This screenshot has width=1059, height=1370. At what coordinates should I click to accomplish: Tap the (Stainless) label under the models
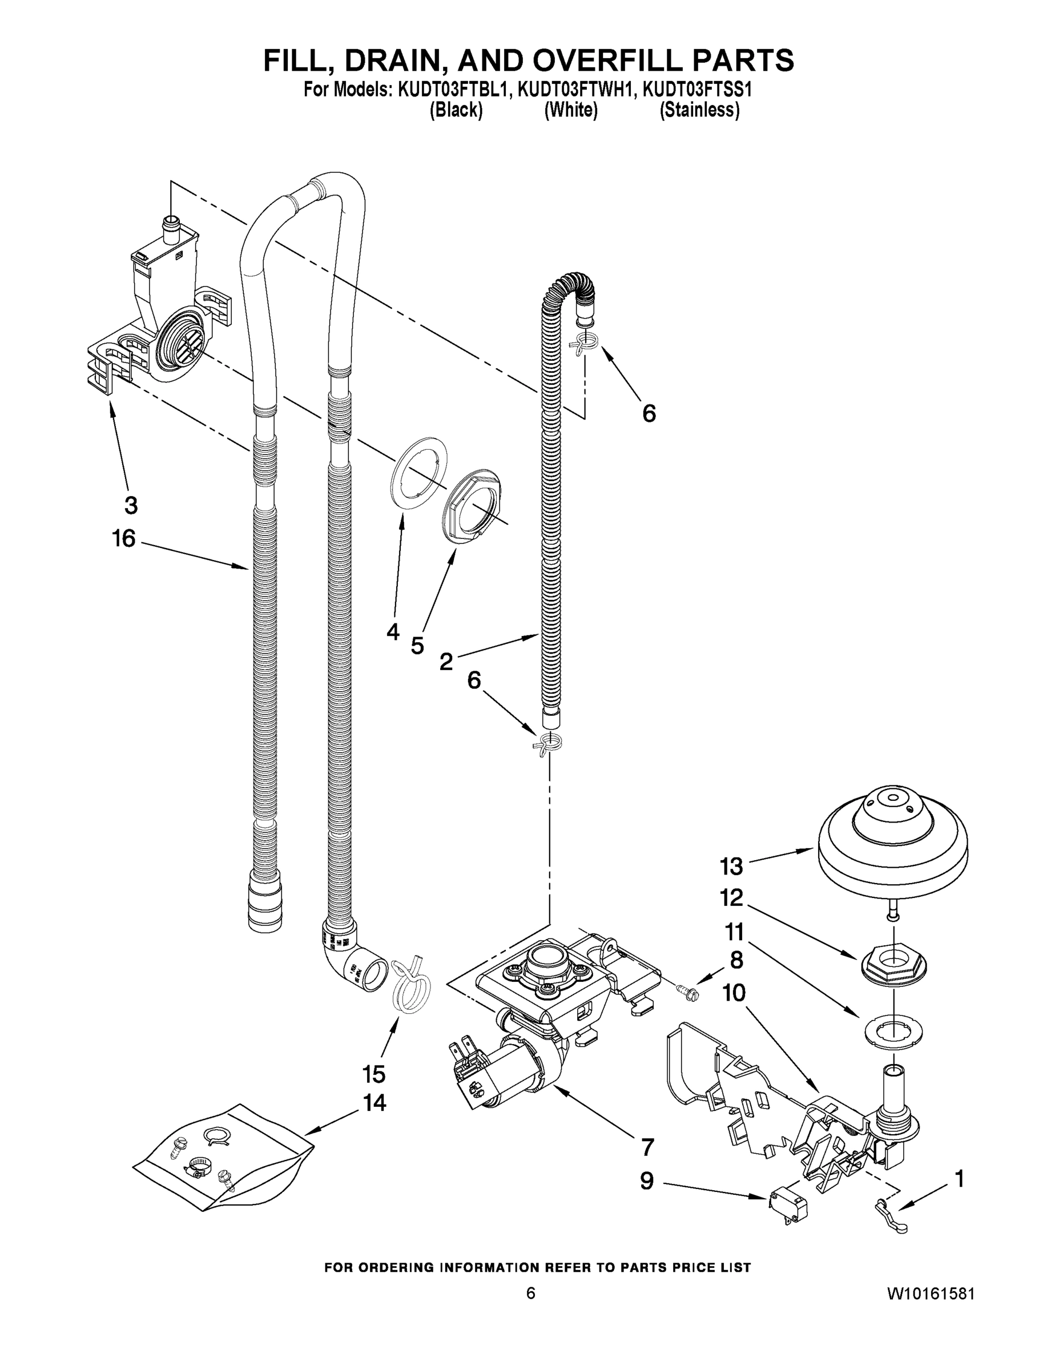(x=699, y=110)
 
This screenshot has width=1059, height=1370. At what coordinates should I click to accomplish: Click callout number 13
(x=731, y=867)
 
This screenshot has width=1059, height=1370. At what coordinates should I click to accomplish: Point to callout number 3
(x=131, y=505)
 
